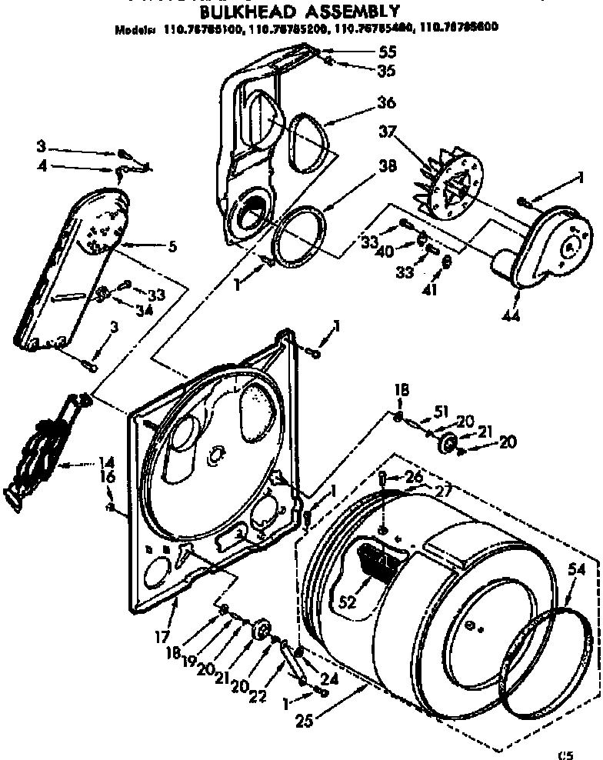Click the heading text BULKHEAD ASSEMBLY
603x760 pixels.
[x=300, y=12]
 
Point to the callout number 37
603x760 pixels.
[x=385, y=132]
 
